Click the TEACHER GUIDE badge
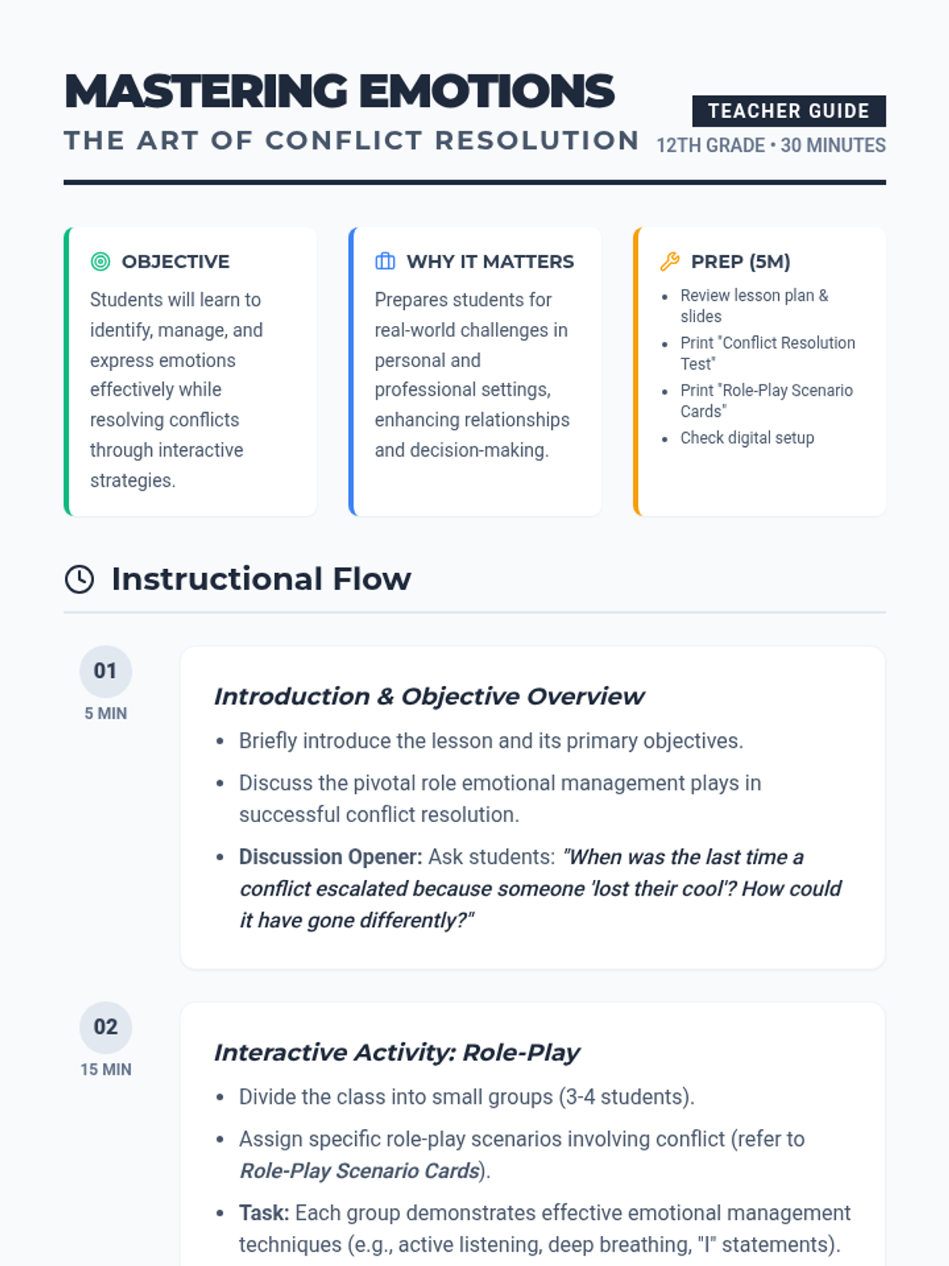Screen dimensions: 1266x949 click(788, 111)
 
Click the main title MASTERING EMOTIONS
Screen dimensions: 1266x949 click(339, 91)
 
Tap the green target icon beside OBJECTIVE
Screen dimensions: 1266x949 click(100, 261)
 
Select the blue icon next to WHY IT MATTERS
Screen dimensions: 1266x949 click(385, 261)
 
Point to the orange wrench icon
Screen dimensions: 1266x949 click(670, 261)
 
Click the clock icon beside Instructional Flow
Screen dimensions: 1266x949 click(79, 579)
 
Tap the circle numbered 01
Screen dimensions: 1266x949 click(105, 671)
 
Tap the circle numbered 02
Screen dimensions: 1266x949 click(105, 1027)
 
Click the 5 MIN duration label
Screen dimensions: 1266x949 click(106, 714)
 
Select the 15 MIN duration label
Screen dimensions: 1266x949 click(106, 1070)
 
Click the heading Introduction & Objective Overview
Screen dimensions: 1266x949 click(429, 696)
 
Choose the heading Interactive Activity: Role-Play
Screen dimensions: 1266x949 click(396, 1052)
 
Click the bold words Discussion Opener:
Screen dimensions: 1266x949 click(331, 857)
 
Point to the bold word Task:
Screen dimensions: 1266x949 click(264, 1213)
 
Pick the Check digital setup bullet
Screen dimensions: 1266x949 click(747, 438)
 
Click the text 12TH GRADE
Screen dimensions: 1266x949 click(711, 146)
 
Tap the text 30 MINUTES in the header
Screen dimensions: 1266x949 click(833, 146)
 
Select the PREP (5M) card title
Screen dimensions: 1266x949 click(740, 261)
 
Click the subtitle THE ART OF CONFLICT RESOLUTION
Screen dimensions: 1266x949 click(351, 141)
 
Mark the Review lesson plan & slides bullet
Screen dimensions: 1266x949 click(754, 305)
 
